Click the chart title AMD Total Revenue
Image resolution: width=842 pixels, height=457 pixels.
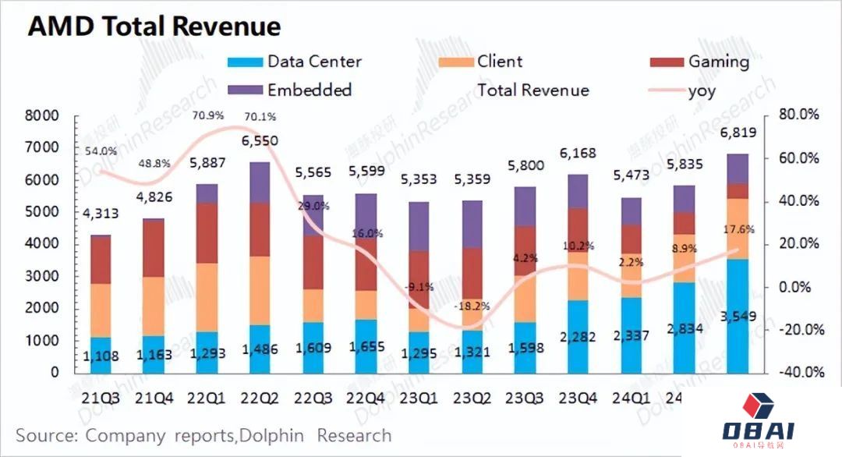pos(154,27)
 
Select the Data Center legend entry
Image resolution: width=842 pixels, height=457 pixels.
pos(296,62)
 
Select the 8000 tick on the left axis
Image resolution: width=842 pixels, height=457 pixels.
pos(43,116)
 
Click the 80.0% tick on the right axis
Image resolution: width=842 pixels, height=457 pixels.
pos(800,115)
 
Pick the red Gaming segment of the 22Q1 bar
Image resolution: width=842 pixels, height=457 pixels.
pos(207,233)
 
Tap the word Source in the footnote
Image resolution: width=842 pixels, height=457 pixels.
pos(46,435)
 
